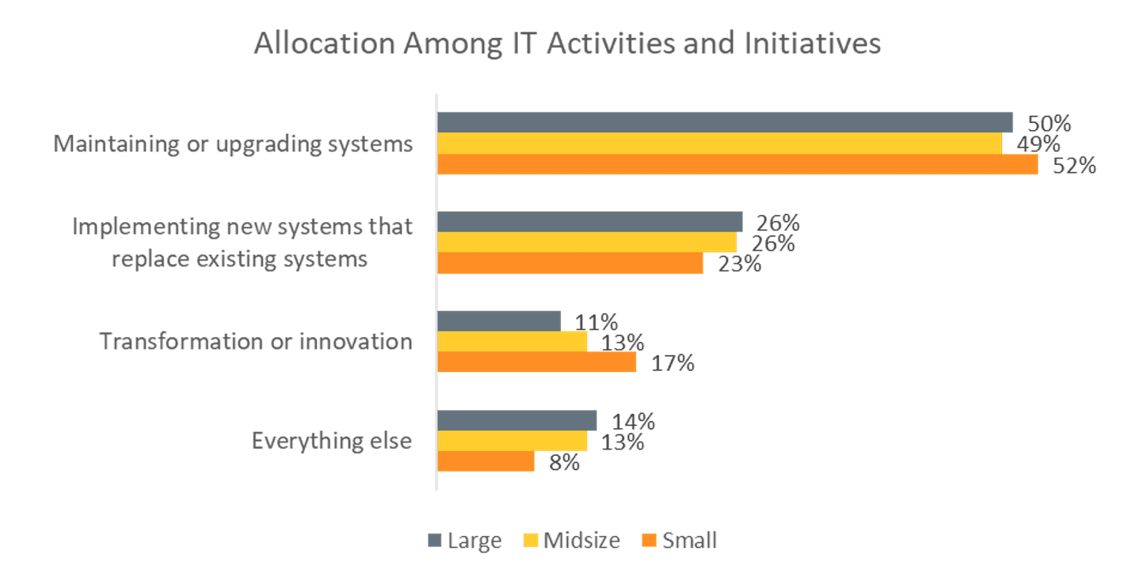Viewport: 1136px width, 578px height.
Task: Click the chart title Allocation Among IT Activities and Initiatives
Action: click(567, 44)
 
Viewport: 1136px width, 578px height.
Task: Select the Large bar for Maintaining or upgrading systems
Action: click(725, 122)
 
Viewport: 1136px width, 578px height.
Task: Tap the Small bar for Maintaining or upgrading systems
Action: click(738, 164)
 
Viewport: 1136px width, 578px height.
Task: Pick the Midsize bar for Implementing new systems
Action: click(587, 243)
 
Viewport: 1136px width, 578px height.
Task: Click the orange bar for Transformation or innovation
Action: click(537, 362)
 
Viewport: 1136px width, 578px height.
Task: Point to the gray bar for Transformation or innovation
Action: click(499, 321)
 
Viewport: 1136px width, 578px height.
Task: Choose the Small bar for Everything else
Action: click(486, 461)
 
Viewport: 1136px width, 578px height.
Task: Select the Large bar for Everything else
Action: click(517, 420)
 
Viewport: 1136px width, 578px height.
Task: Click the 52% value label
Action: click(1074, 166)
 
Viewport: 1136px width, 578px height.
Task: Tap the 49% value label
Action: click(1039, 144)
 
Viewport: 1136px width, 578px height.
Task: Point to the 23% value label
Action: click(739, 263)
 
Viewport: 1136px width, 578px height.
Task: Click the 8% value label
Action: click(564, 462)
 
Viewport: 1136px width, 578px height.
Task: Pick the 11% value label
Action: click(596, 322)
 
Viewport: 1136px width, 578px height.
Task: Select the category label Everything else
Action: click(332, 440)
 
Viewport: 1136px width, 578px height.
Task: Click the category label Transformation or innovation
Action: click(256, 342)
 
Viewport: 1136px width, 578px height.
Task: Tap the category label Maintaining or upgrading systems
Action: click(233, 144)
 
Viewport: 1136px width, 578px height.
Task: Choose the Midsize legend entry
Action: click(573, 541)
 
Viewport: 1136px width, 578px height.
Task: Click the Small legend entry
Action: click(680, 541)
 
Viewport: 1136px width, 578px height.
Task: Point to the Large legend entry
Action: click(465, 541)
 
